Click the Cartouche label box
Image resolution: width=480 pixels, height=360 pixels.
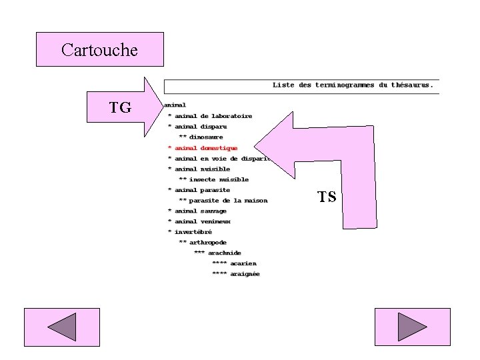tap(99, 49)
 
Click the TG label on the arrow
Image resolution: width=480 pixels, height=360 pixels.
tap(120, 107)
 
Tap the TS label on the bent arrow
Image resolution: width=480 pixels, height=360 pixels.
tap(327, 197)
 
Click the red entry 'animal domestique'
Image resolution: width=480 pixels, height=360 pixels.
tap(206, 148)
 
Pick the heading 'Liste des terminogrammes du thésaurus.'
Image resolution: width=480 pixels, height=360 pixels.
tap(353, 85)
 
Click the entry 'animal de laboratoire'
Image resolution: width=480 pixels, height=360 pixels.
tap(213, 116)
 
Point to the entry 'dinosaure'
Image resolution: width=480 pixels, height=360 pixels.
tap(206, 137)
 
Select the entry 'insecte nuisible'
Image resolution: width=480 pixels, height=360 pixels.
tap(219, 179)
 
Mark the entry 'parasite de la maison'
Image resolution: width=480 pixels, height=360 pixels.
tap(228, 201)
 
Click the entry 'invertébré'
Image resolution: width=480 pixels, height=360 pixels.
tap(193, 232)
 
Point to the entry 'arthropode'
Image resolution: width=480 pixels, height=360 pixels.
tap(208, 243)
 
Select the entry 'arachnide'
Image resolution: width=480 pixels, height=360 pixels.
tap(225, 253)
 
